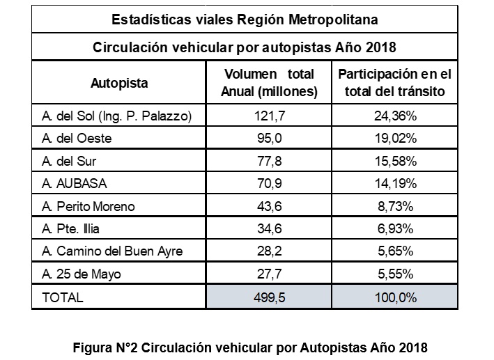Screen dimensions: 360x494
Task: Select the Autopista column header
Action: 119,83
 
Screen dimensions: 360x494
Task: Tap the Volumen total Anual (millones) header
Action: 268,83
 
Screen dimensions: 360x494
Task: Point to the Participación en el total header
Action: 394,83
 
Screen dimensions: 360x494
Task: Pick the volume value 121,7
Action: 268,115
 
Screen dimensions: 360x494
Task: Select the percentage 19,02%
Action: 394,139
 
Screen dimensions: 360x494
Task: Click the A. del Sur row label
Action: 68,162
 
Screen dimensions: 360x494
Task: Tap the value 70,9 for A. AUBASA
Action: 268,184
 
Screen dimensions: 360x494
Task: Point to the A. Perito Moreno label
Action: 88,207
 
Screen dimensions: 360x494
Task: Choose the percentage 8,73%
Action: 394,207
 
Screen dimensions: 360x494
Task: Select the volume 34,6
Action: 268,229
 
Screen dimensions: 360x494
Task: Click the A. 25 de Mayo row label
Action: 82,274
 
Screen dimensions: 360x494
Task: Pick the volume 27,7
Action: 268,274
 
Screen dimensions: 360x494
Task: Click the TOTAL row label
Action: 63,297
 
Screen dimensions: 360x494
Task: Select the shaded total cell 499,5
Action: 268,297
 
